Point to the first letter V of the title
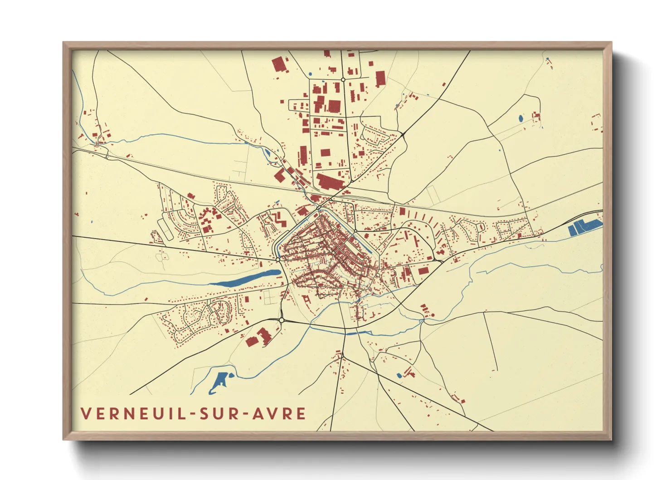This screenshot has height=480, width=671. [x=86, y=414]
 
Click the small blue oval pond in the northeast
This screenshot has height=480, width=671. [x=520, y=118]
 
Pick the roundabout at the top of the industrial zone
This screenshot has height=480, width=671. [x=343, y=80]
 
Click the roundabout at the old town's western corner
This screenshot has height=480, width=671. [x=278, y=259]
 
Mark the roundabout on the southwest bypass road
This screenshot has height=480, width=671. [x=282, y=320]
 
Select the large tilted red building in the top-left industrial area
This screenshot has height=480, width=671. [x=280, y=64]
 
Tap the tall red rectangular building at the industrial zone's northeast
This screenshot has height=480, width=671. [x=380, y=78]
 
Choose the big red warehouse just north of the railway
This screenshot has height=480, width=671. [x=330, y=182]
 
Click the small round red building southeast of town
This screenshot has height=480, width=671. [x=433, y=314]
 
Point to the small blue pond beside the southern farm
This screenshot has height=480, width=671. [x=399, y=375]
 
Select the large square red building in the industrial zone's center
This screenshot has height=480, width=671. [x=334, y=106]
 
